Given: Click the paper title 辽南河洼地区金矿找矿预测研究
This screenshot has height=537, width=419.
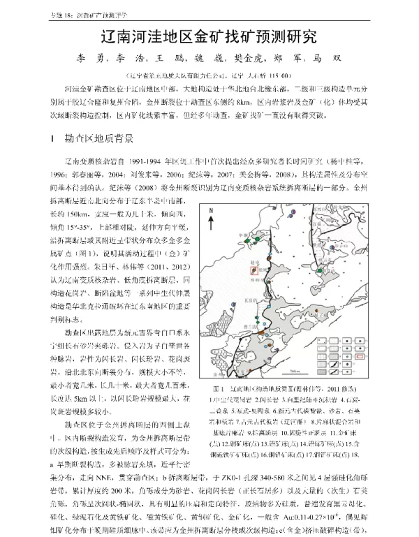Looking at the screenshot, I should pos(209,35).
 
